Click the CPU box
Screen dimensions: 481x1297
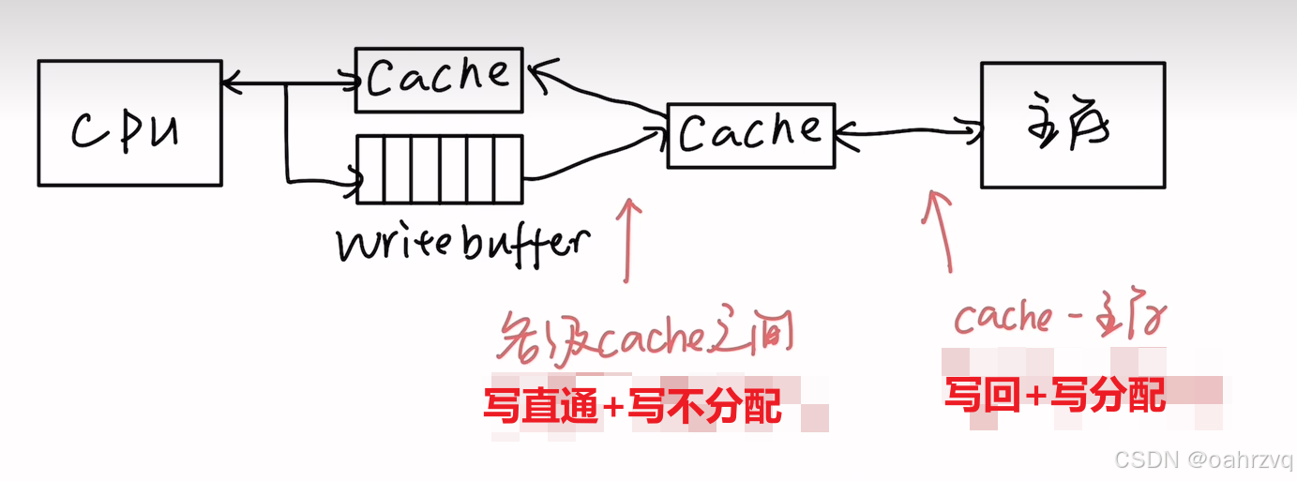[x=129, y=122]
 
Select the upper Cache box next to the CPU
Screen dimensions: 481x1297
[x=439, y=80]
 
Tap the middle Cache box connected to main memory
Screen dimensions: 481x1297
[x=750, y=135]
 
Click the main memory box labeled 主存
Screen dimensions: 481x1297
[x=1072, y=125]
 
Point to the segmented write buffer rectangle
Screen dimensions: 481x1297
[x=439, y=169]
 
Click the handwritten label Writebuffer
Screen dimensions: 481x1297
[x=463, y=244]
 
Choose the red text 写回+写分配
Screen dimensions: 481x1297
[x=1054, y=395]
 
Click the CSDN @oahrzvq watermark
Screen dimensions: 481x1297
[x=1202, y=459]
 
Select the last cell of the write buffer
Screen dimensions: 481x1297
[x=508, y=169]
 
